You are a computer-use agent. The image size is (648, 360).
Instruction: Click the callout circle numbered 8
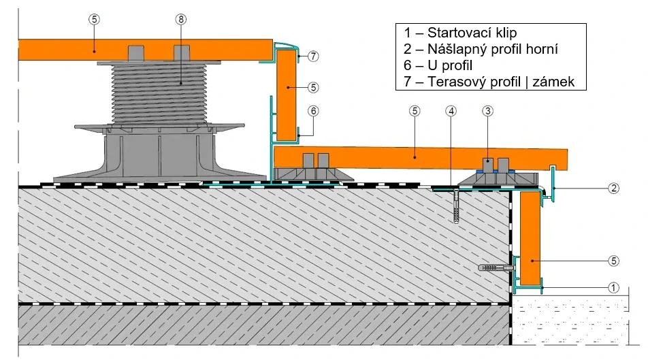click(x=180, y=20)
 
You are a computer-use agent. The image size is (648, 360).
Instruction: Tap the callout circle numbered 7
click(x=313, y=56)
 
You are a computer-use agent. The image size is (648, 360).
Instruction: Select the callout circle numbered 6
click(x=313, y=111)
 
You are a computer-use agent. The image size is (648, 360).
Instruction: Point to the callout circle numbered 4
click(x=451, y=111)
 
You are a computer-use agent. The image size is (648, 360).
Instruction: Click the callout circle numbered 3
click(x=488, y=111)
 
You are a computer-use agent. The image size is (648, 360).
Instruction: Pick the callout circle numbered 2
click(x=614, y=189)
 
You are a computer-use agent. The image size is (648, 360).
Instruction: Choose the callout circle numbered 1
click(x=614, y=287)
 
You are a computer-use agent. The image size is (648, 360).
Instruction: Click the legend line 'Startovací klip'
click(x=460, y=33)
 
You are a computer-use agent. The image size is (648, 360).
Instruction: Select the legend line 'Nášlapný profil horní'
click(x=481, y=49)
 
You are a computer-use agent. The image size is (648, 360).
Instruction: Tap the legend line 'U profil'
click(x=438, y=65)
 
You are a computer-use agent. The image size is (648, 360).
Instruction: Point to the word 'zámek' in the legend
click(x=553, y=82)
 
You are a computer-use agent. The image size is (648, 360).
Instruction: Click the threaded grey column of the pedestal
click(x=159, y=94)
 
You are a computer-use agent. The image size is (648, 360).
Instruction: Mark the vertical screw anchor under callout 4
click(x=456, y=207)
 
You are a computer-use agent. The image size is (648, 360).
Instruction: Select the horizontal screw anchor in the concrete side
click(x=496, y=268)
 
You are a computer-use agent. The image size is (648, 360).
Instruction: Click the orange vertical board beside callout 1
click(x=530, y=238)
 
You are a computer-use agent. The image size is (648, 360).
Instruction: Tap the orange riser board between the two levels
click(x=286, y=95)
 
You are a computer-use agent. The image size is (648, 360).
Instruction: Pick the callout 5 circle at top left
click(x=94, y=20)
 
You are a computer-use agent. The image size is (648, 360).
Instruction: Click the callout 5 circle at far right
click(x=614, y=261)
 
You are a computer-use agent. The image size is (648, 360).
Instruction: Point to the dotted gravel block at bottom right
click(x=570, y=320)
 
